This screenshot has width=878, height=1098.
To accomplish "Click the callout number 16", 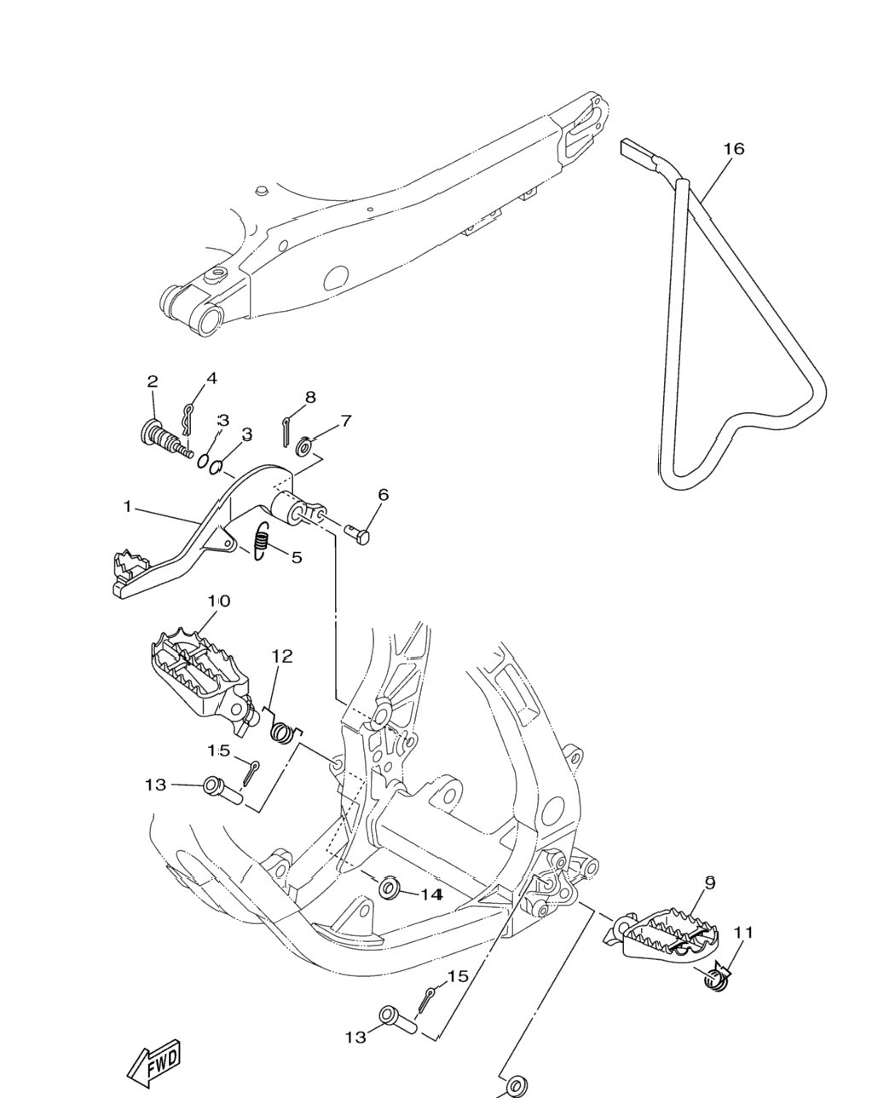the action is click(734, 149).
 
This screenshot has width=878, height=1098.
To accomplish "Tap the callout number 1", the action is click(127, 506).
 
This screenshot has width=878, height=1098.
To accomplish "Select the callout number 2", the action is click(153, 381).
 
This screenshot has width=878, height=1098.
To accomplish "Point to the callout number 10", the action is click(218, 601).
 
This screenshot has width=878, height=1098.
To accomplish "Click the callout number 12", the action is click(282, 656).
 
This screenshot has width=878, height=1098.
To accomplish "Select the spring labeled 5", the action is click(262, 541).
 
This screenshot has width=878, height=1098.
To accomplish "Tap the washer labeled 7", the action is click(305, 447).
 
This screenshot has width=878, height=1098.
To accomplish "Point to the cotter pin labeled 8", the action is click(286, 432).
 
